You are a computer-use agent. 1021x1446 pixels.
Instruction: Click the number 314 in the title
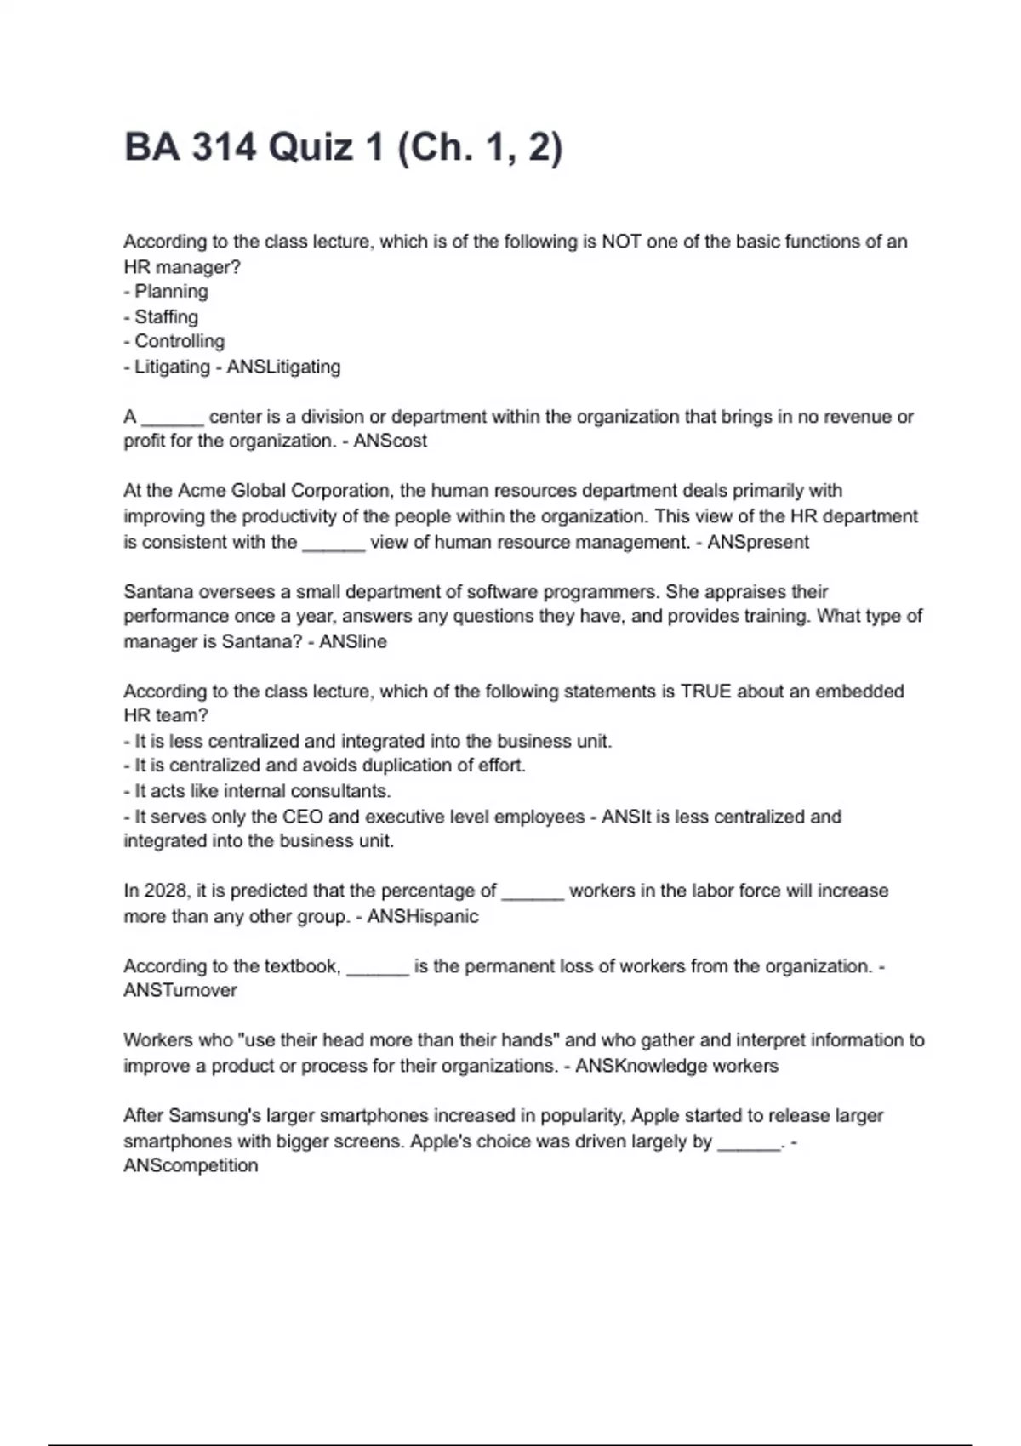click(224, 148)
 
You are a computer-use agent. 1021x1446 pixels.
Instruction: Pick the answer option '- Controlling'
click(174, 342)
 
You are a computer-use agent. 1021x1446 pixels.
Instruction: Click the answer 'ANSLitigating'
click(283, 367)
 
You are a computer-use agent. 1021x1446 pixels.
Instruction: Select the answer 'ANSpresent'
click(758, 542)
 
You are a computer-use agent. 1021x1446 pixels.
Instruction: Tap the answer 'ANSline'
click(353, 642)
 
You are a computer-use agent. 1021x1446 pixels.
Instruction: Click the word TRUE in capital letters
click(706, 692)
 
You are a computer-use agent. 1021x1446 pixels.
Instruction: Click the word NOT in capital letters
click(621, 242)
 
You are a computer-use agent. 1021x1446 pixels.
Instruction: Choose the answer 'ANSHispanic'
click(423, 917)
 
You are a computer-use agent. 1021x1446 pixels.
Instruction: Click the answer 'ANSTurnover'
click(180, 991)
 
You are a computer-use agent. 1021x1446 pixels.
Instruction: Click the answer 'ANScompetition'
click(191, 1166)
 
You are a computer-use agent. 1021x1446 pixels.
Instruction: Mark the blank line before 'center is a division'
click(173, 418)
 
